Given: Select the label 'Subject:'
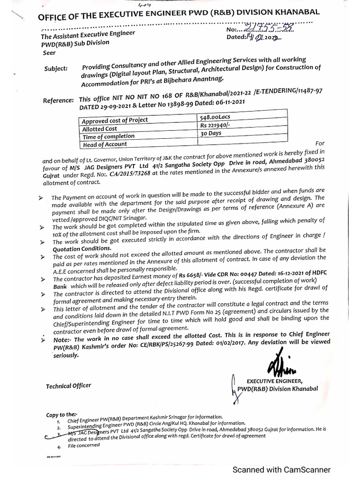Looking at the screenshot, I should [56, 68].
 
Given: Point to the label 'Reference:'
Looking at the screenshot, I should [58, 100].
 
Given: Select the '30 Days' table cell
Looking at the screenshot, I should [210, 133].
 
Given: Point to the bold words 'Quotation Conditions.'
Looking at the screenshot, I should [82, 248].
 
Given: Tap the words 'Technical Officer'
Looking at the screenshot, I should [68, 386].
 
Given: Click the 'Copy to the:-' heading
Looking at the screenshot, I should [61, 414].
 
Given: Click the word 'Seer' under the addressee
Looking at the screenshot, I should [48, 53].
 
